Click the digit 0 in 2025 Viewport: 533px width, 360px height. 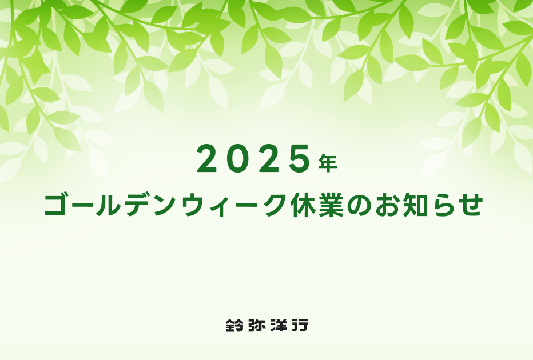(238, 158)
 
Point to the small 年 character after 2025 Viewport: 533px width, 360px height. (328, 163)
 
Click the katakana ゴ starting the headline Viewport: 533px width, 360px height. (57, 204)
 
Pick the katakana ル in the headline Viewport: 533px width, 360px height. (108, 205)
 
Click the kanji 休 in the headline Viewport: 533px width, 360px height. (302, 205)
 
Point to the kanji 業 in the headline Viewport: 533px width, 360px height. (331, 205)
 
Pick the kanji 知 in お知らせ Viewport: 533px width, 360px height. (415, 205)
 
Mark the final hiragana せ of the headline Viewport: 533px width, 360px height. (471, 205)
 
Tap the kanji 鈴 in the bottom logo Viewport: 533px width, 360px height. (234, 325)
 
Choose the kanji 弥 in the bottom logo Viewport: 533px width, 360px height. (257, 325)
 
